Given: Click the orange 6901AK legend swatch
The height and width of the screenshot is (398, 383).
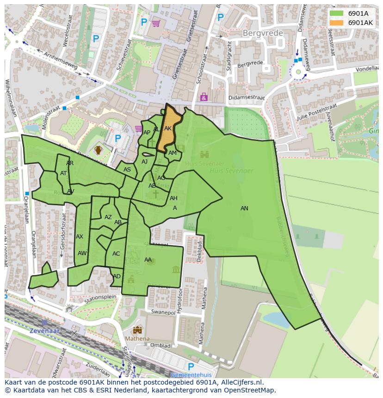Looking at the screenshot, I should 336,22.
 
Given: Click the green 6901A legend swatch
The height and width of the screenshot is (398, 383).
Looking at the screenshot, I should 336,13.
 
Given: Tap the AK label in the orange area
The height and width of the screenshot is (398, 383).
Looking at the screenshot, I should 168,129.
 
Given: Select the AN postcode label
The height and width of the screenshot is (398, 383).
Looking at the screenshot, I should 244,208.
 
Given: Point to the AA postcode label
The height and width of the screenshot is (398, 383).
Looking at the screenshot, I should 148,260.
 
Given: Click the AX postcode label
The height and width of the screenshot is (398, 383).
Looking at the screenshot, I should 80,237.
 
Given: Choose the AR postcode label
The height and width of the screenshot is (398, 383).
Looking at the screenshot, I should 70,163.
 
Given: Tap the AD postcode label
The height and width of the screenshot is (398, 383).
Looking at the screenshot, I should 117,276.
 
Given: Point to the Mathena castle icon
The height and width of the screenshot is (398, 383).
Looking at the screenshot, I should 137,330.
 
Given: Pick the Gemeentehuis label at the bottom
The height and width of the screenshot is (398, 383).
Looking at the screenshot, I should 191,375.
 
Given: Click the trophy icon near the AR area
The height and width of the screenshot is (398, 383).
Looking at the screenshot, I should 98,150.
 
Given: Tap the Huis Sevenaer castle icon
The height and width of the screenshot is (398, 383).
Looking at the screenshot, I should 204,154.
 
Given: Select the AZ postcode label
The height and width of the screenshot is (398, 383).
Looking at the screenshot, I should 108,217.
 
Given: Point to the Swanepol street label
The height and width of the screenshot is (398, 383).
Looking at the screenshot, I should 163,312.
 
